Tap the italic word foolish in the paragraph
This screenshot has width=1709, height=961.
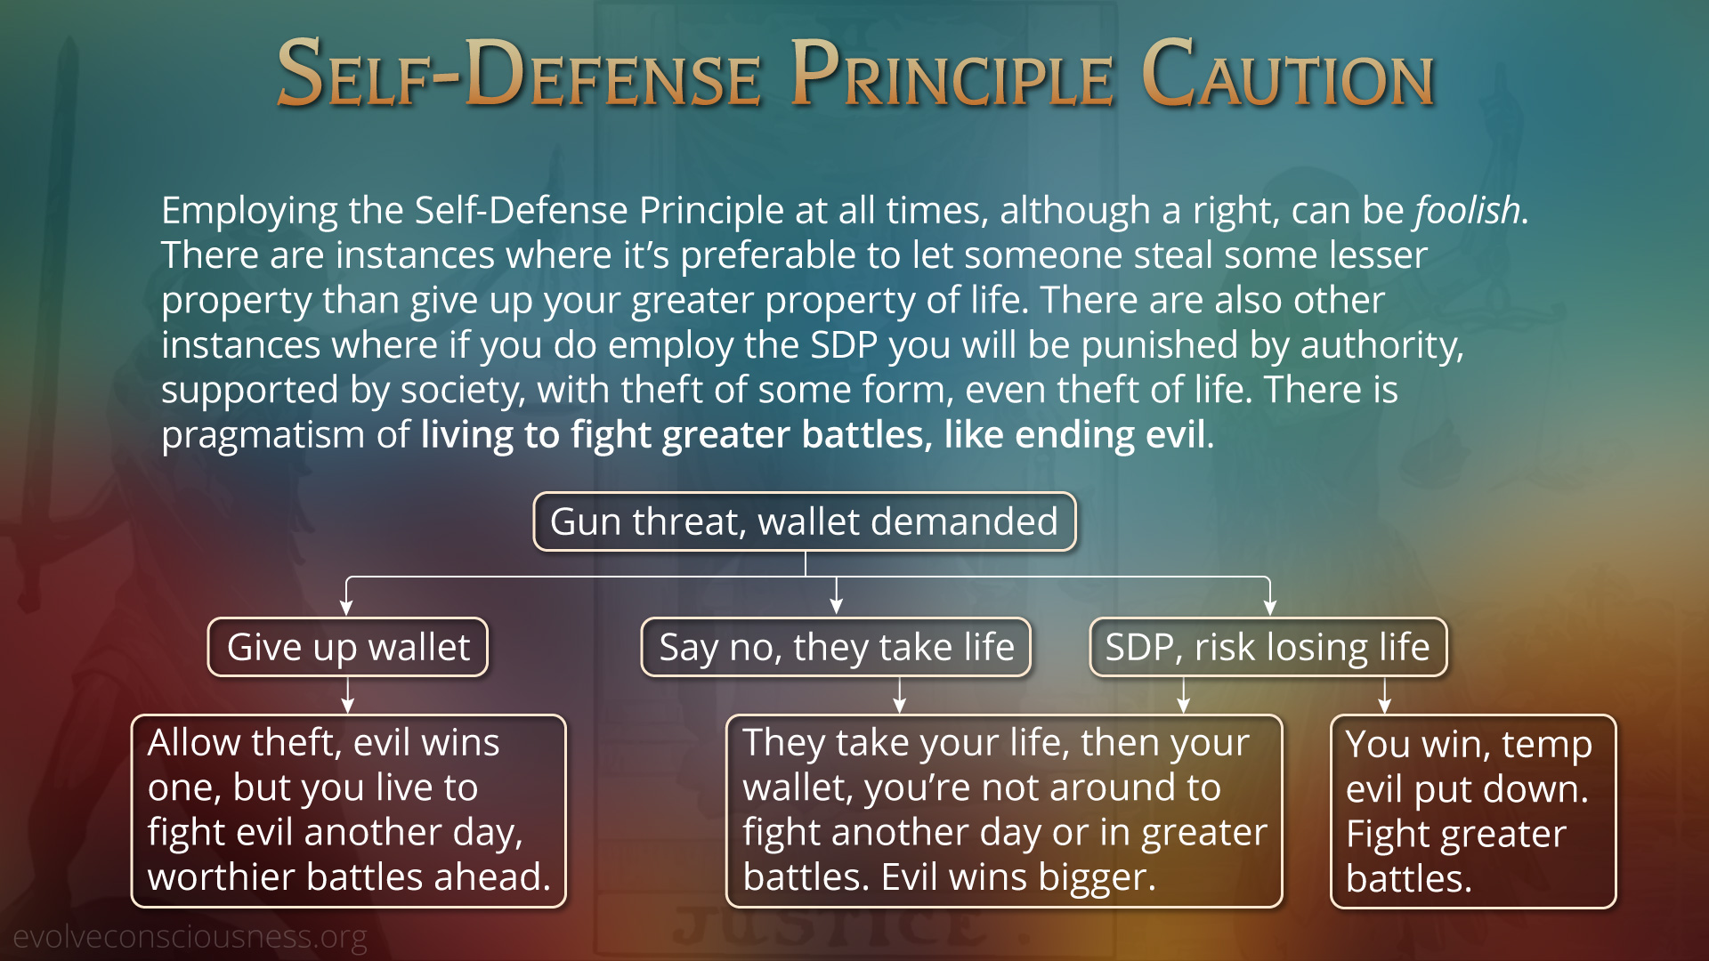click(1468, 211)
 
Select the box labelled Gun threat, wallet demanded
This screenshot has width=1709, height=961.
click(805, 521)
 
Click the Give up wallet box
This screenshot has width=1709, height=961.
click(348, 647)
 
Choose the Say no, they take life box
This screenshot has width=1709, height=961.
click(836, 647)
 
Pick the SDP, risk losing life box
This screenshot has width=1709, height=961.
click(1268, 647)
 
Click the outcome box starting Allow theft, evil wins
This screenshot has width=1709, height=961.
click(349, 811)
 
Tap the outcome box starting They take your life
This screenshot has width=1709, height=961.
click(1004, 811)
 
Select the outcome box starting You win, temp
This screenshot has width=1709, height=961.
click(1473, 812)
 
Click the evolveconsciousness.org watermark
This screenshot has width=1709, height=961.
click(190, 937)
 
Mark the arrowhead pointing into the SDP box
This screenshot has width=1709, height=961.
click(1269, 608)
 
